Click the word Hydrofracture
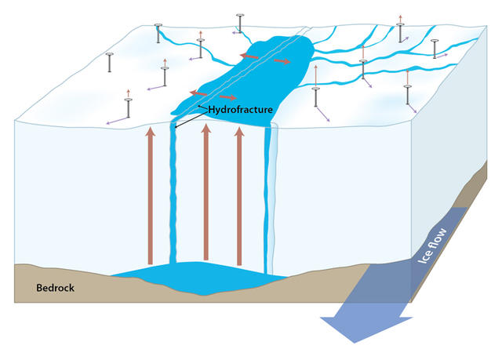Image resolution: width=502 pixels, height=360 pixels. [239, 110]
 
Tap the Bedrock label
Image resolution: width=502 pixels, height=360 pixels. [55, 288]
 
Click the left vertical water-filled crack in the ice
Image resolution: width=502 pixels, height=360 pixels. [173, 196]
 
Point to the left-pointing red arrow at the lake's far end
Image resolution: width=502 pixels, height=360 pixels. [250, 56]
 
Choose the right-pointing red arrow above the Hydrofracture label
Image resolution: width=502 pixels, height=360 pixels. [226, 97]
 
